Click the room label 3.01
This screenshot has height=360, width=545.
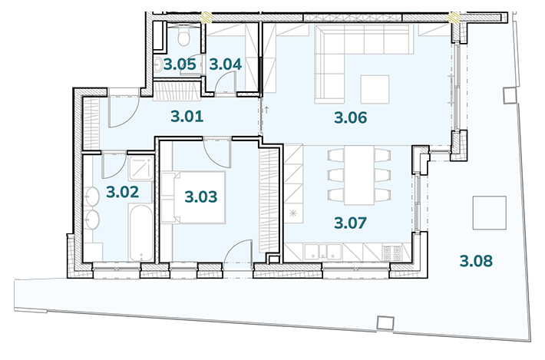tap(187, 117)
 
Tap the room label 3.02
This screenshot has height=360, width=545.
tap(122, 192)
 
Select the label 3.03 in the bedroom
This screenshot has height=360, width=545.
tap(201, 197)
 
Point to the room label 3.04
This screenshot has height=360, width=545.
tap(225, 64)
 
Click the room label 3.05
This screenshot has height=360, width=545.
tap(180, 64)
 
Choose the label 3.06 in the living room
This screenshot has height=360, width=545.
tap(350, 117)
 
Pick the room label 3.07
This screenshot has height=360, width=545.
tap(350, 223)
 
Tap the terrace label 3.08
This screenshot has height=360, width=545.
tap(476, 261)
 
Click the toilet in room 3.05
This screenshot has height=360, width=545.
tap(183, 37)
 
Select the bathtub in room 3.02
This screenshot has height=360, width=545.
tap(140, 233)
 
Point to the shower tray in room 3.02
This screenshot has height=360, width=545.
tap(140, 168)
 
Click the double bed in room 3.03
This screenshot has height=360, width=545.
tap(193, 197)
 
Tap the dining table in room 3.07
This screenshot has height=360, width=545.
tap(359, 175)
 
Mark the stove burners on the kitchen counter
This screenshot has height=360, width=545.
tap(391, 253)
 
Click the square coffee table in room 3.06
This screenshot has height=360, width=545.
tap(375, 89)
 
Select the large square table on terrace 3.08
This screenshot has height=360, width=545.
tap(489, 213)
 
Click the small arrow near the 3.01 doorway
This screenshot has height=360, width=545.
tap(266, 111)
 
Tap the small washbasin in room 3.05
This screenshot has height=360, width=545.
tap(158, 64)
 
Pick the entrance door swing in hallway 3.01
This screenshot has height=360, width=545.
tap(124, 111)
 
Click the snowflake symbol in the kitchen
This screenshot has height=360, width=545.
tap(293, 213)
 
